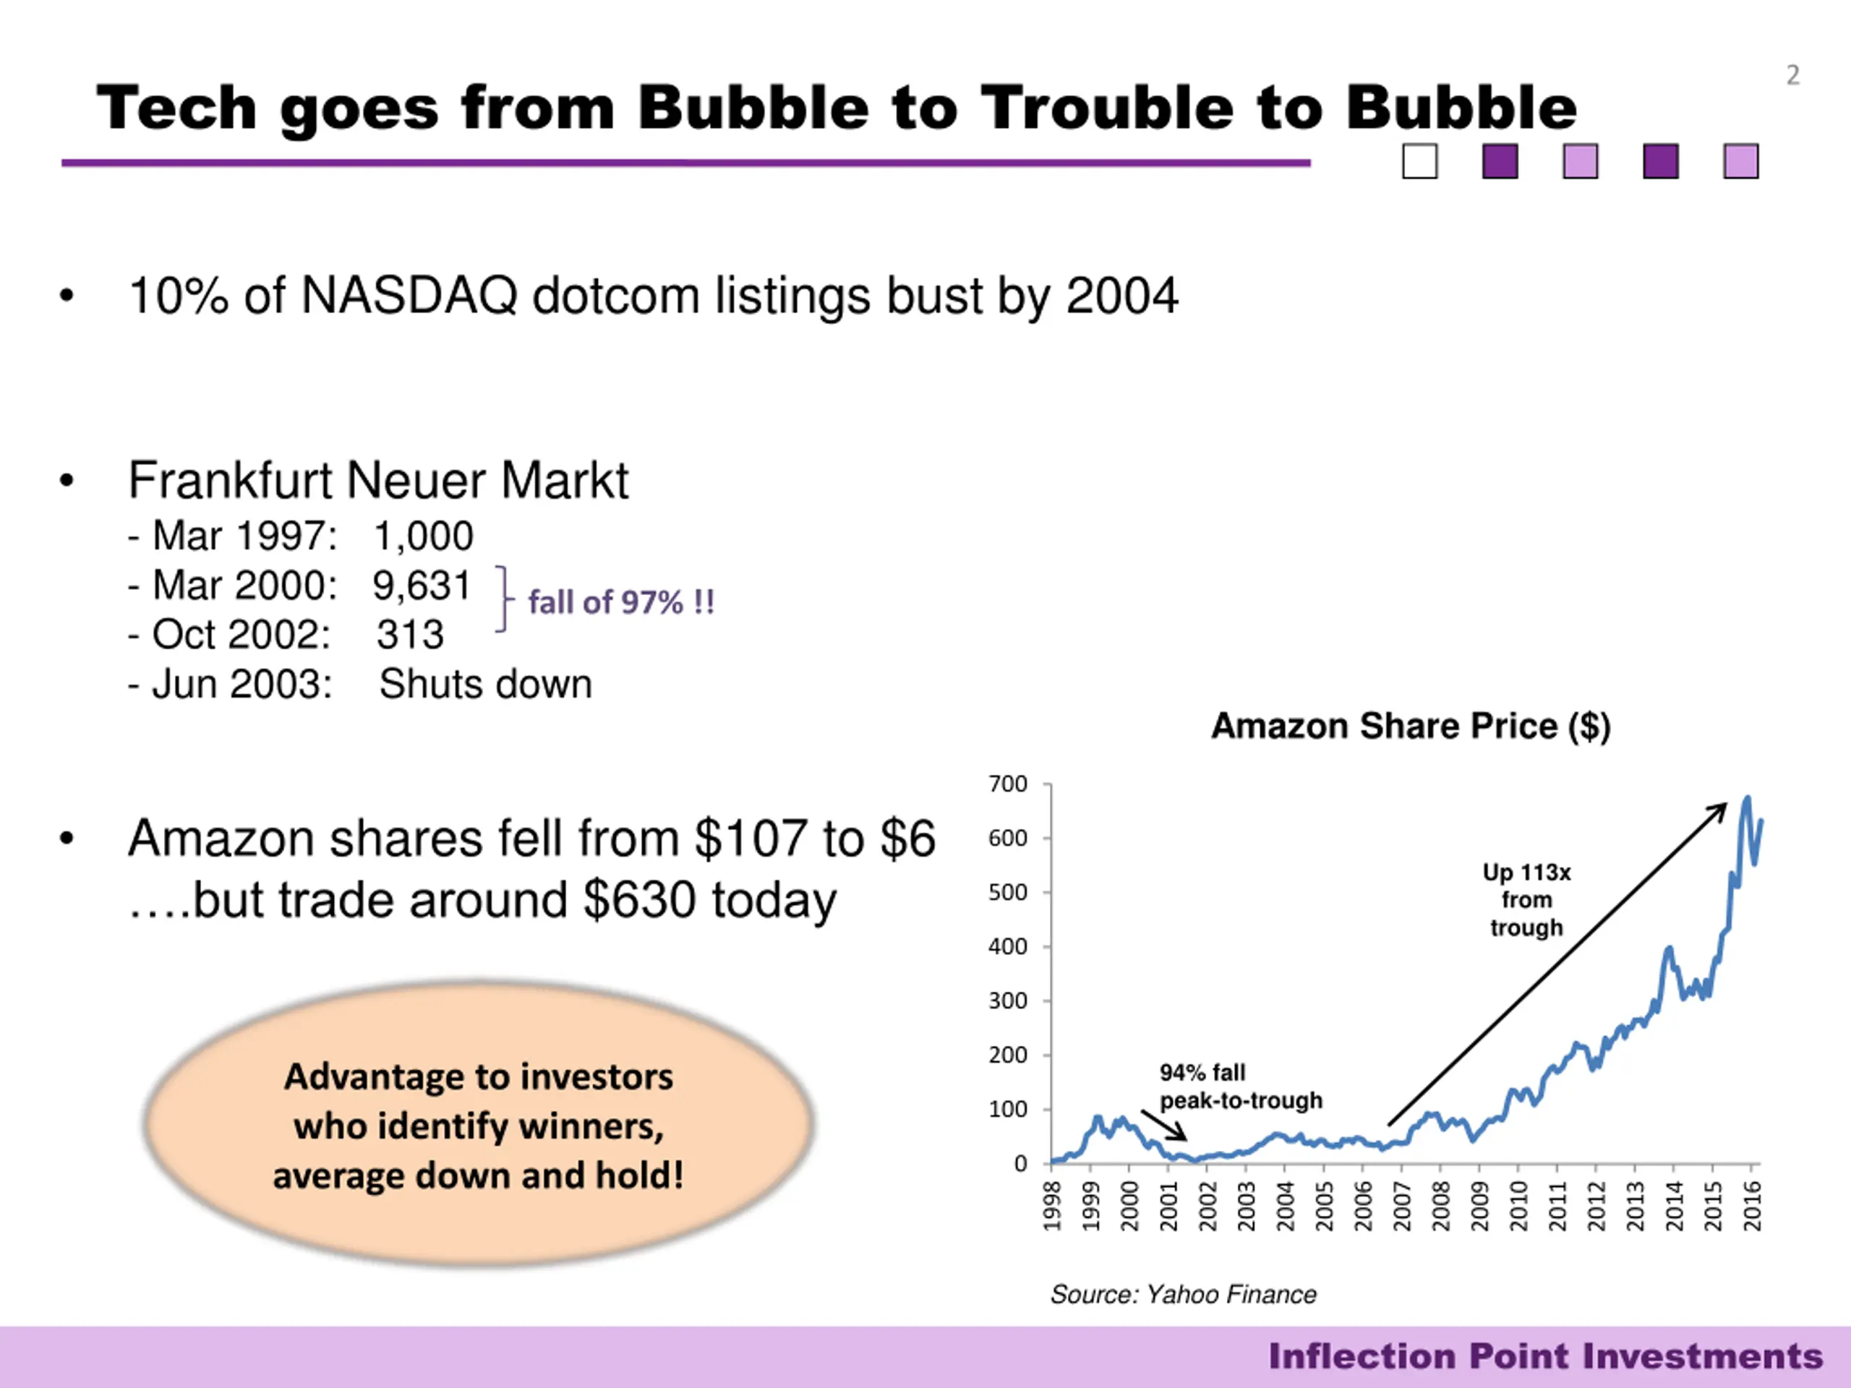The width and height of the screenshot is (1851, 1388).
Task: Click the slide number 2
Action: click(x=1792, y=75)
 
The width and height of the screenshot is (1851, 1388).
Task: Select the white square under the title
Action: click(x=1420, y=161)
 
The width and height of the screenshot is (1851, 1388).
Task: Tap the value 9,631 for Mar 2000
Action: click(x=422, y=586)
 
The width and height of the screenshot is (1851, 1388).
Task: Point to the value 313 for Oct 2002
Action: click(x=410, y=635)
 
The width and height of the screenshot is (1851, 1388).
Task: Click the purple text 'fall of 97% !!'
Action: click(x=621, y=602)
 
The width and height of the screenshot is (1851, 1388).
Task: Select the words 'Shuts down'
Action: click(x=485, y=685)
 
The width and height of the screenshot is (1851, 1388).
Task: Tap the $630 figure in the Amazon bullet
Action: click(x=639, y=900)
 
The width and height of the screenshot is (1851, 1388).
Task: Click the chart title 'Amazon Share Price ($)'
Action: click(x=1411, y=727)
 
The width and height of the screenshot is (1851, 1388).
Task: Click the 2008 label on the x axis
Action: click(x=1440, y=1207)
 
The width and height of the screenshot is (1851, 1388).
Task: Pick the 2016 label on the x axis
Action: click(x=1752, y=1207)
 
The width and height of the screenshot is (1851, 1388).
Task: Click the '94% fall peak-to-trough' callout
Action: click(x=1240, y=1086)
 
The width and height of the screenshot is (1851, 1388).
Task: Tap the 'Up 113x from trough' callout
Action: click(x=1526, y=900)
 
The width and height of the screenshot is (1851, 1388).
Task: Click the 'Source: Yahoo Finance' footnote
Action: click(x=1183, y=1294)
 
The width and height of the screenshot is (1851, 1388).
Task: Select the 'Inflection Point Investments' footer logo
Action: click(x=1544, y=1356)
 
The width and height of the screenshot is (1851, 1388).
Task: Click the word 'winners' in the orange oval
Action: click(x=591, y=1126)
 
